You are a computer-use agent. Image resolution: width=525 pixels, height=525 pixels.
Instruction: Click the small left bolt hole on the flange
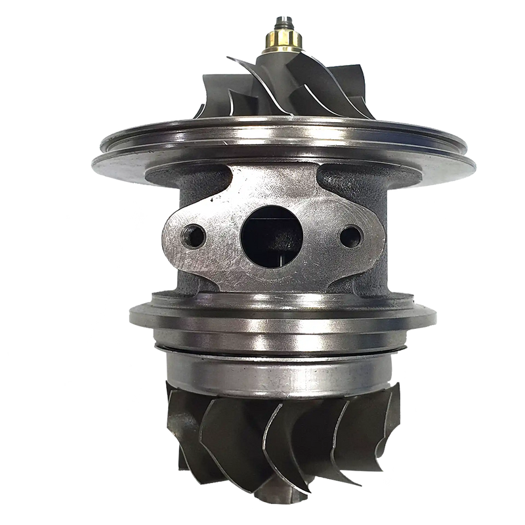[x=194, y=234]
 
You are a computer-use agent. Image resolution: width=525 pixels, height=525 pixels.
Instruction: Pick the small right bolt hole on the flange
[x=352, y=234]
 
